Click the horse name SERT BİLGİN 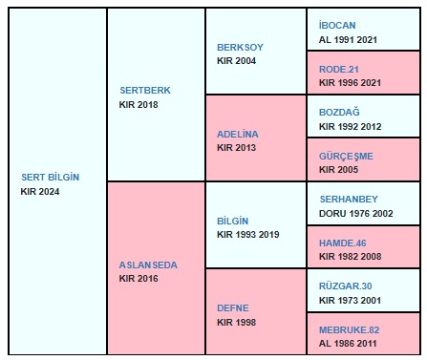(51, 177)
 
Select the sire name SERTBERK (145, 90)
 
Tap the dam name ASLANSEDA (148, 265)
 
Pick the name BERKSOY (240, 47)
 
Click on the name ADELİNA (238, 134)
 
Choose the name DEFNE (233, 307)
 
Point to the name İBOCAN (337, 25)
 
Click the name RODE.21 (339, 69)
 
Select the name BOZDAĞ (339, 112)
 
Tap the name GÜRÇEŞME (346, 156)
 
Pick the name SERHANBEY (349, 199)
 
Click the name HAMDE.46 (343, 243)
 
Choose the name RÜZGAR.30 (346, 286)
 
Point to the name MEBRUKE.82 (350, 329)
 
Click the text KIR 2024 (40, 191)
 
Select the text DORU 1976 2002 (356, 213)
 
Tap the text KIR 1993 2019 (248, 235)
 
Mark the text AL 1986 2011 (348, 344)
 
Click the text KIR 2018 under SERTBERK (139, 104)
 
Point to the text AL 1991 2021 (348, 39)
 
